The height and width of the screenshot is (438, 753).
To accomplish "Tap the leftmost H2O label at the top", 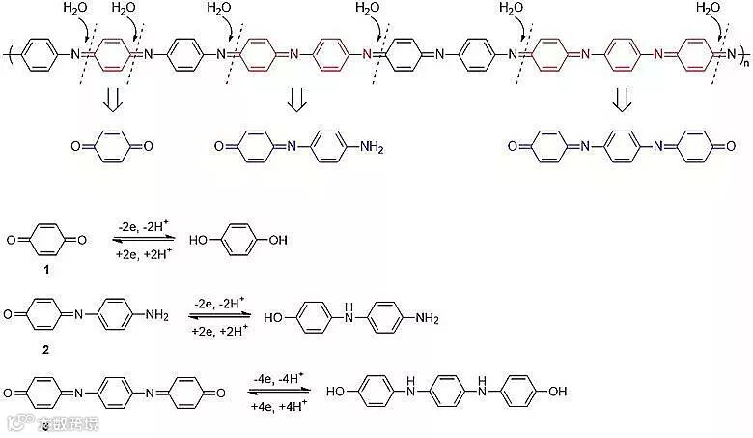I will [x=74, y=9].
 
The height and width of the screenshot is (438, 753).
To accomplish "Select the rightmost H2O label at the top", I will [x=708, y=9].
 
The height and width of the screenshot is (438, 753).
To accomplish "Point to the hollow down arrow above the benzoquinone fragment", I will [x=110, y=100].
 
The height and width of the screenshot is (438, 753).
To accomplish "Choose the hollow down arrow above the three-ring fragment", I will [x=622, y=100].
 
